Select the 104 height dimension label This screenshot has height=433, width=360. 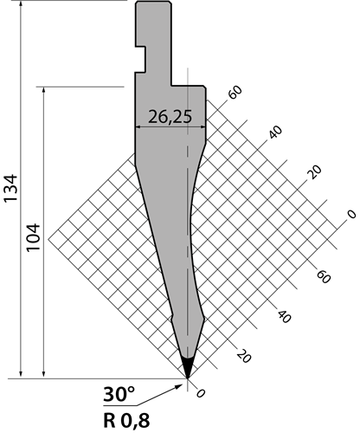(33, 237)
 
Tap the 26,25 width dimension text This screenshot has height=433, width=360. (170, 117)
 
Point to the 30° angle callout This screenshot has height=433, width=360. (119, 395)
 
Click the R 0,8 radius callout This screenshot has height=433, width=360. (126, 420)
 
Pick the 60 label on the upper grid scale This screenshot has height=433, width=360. (235, 93)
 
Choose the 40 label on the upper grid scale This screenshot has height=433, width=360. (275, 132)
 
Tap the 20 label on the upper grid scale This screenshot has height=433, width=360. (314, 172)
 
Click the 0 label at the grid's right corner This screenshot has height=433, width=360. (351, 214)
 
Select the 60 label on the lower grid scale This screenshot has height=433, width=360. (324, 276)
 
